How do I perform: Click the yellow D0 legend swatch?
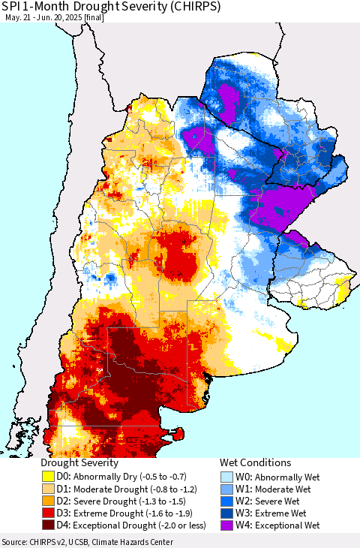click(48, 476)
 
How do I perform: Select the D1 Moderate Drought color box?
click(48, 488)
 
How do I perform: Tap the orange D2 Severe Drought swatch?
click(48, 500)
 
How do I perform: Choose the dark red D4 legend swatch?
click(48, 525)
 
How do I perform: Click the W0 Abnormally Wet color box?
click(227, 476)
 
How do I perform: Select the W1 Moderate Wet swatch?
click(227, 488)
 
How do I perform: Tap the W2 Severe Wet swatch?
click(227, 500)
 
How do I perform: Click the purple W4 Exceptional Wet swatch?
click(227, 525)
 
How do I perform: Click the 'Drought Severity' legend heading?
click(79, 463)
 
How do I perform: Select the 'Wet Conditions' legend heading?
click(255, 463)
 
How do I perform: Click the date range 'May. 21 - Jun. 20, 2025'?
click(43, 17)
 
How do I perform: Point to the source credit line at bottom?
click(87, 542)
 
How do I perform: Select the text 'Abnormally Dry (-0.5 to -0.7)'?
click(124, 476)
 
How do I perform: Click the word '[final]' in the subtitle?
click(94, 17)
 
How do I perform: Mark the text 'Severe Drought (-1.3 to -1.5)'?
click(124, 500)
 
